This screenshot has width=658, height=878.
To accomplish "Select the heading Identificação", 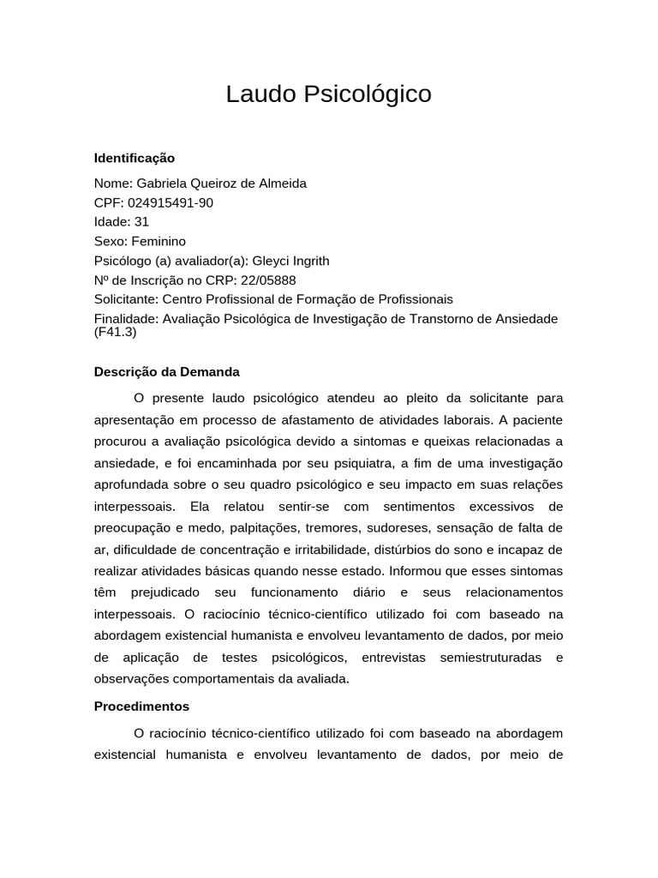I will (x=134, y=158).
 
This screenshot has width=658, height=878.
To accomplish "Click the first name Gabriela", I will (x=161, y=183).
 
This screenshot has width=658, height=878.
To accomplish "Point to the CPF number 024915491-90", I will (x=170, y=203).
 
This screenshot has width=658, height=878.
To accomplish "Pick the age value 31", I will (x=141, y=222).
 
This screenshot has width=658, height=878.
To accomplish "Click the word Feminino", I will (x=159, y=242).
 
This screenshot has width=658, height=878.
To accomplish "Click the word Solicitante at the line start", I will (x=126, y=299).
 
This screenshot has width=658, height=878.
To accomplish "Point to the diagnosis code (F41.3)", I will (x=115, y=332).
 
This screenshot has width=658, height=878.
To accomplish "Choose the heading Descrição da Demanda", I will (x=166, y=372).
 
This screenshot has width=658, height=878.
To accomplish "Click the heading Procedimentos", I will (x=141, y=707).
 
